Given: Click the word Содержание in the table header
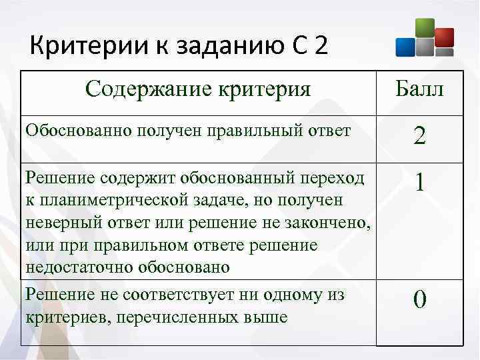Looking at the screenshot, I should point(143,89).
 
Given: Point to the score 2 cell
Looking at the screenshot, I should point(419,137).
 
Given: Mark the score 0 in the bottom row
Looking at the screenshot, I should point(419,300).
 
